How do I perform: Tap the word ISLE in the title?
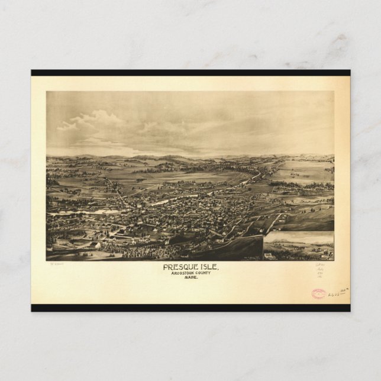coord(208,267)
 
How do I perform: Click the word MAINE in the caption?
coord(190,277)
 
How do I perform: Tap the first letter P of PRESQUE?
coord(166,267)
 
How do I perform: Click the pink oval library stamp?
coord(318,293)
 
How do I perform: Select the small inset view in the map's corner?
coord(299,246)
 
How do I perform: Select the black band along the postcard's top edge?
coord(190,73)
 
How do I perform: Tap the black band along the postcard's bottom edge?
coord(190,308)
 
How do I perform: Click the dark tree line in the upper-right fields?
coord(296,184)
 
